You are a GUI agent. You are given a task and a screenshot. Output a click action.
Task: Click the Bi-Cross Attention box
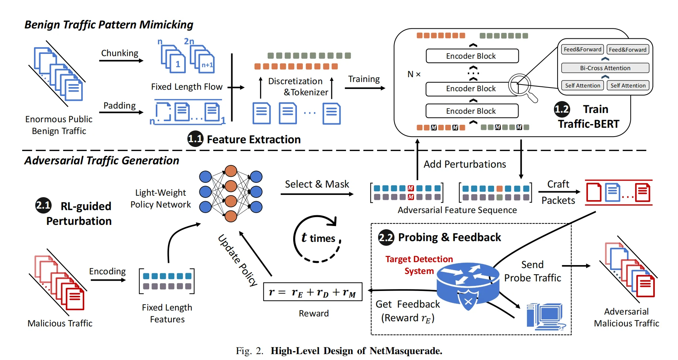click(605, 68)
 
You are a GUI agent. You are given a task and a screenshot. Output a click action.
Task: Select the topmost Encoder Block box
click(472, 56)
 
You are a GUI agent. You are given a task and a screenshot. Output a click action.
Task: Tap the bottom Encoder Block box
click(472, 111)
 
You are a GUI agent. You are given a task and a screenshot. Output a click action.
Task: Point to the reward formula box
click(312, 292)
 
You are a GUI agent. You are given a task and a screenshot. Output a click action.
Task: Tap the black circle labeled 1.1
click(195, 139)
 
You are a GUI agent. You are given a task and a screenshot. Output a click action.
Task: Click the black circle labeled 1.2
click(562, 109)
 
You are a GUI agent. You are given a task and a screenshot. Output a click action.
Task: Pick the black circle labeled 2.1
click(43, 205)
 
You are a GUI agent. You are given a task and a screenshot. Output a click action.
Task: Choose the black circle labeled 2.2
click(386, 237)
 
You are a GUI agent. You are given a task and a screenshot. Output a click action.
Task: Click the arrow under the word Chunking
click(121, 61)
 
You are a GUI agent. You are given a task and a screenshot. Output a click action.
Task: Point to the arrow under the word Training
click(364, 88)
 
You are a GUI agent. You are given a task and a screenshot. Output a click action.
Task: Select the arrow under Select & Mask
click(317, 194)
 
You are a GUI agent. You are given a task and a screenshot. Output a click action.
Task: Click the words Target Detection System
click(419, 265)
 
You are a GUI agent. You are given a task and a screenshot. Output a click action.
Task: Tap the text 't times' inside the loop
click(318, 238)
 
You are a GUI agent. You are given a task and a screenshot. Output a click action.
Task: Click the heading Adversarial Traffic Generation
click(102, 161)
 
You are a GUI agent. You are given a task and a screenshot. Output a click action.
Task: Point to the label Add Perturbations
click(465, 164)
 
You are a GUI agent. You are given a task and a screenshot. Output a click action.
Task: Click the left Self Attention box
click(582, 86)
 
